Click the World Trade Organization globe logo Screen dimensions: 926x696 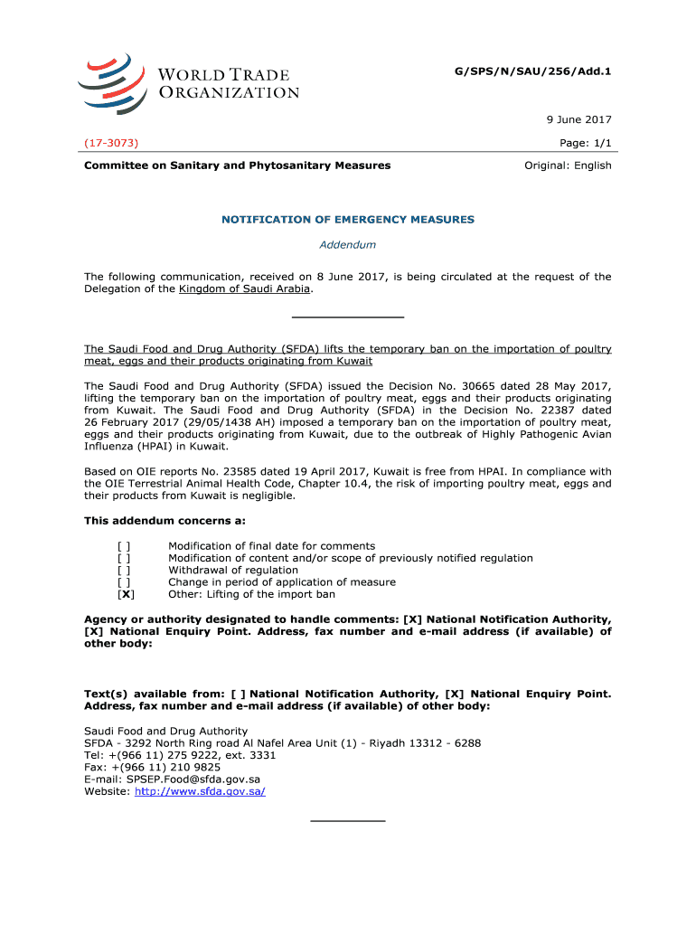coord(112,82)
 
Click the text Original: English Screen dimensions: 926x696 coord(569,165)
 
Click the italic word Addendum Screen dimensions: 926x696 coord(348,244)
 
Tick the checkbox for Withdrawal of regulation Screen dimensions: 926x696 coord(124,571)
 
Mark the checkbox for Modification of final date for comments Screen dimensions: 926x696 coord(124,546)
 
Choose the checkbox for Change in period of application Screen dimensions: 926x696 coord(124,582)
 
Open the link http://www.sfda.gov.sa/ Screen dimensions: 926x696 coord(199,791)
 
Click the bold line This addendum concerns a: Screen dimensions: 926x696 coord(165,521)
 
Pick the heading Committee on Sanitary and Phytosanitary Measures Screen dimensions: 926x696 coord(238,165)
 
